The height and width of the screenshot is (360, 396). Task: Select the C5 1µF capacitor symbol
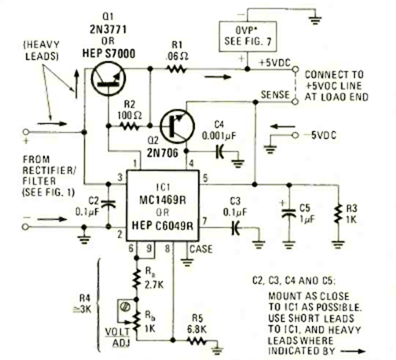point(288,213)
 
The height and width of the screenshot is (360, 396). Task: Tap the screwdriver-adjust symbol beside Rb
point(125,304)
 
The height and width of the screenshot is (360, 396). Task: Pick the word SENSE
point(275,94)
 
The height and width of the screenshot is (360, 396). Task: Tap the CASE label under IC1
point(202,248)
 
